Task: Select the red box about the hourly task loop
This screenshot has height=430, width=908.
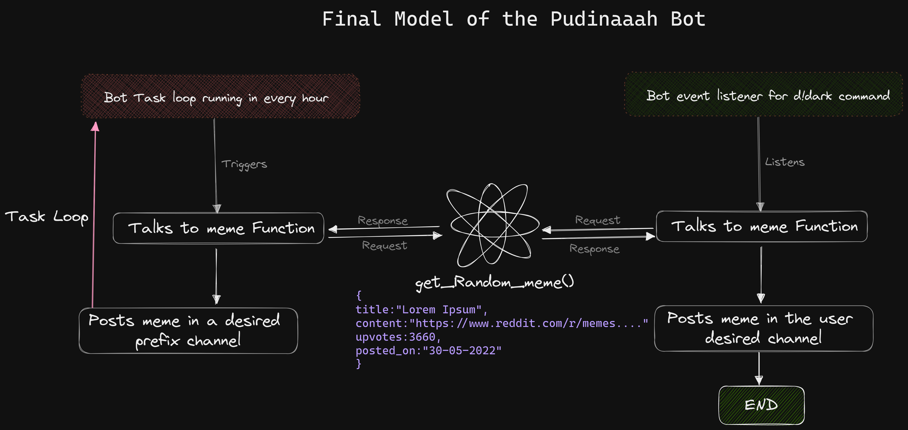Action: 220,96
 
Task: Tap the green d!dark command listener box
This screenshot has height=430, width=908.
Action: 763,95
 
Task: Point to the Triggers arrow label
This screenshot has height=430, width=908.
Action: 244,164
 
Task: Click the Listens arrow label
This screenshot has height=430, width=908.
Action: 785,162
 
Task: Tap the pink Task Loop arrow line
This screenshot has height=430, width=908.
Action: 94,219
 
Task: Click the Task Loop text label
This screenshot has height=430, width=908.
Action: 46,217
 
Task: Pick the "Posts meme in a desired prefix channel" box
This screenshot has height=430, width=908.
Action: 188,331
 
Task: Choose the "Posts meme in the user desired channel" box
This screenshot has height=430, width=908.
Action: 763,328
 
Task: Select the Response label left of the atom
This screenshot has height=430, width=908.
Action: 382,221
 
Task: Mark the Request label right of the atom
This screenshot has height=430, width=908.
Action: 598,220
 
